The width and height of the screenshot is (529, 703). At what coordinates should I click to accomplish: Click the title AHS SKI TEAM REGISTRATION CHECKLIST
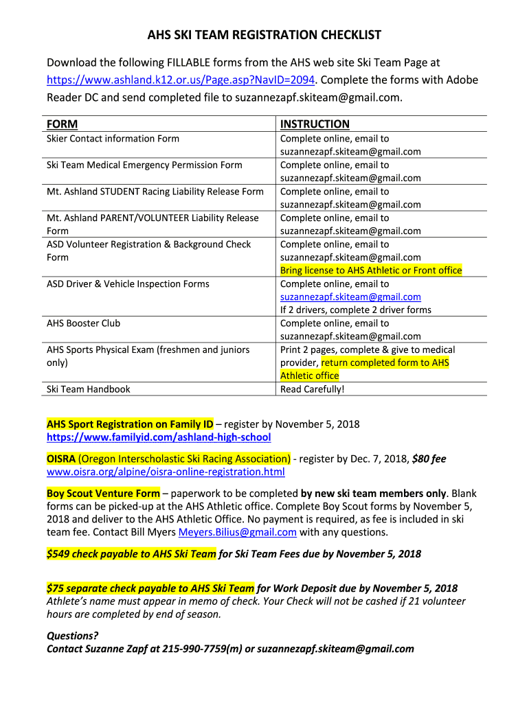[x=264, y=35]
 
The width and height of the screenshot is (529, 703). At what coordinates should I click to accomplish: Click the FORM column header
[x=62, y=124]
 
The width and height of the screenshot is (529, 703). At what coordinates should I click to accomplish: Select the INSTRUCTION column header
[x=315, y=124]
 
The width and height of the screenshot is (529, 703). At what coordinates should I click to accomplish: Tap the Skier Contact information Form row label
[x=113, y=139]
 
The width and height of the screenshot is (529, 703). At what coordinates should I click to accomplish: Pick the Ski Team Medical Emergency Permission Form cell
[x=144, y=165]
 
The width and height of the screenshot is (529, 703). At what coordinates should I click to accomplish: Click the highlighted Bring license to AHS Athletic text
[x=371, y=270]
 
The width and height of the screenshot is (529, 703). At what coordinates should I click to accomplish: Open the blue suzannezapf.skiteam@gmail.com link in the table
[x=350, y=297]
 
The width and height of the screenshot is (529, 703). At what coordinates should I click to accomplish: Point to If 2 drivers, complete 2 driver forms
[x=356, y=310]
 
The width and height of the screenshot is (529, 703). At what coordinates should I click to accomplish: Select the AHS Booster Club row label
[x=83, y=323]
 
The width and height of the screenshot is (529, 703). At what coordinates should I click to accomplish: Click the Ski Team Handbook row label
[x=88, y=389]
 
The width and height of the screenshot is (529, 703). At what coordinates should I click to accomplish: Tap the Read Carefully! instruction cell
[x=313, y=389]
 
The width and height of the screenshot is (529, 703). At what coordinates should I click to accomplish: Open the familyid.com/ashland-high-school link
[x=159, y=437]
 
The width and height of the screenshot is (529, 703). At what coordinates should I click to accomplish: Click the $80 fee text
[x=429, y=459]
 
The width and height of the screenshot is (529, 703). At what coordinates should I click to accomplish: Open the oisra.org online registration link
[x=166, y=472]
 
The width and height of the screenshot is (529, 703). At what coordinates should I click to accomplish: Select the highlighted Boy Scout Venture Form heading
[x=103, y=494]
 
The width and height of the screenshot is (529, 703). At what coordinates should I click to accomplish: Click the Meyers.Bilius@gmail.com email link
[x=238, y=532]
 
